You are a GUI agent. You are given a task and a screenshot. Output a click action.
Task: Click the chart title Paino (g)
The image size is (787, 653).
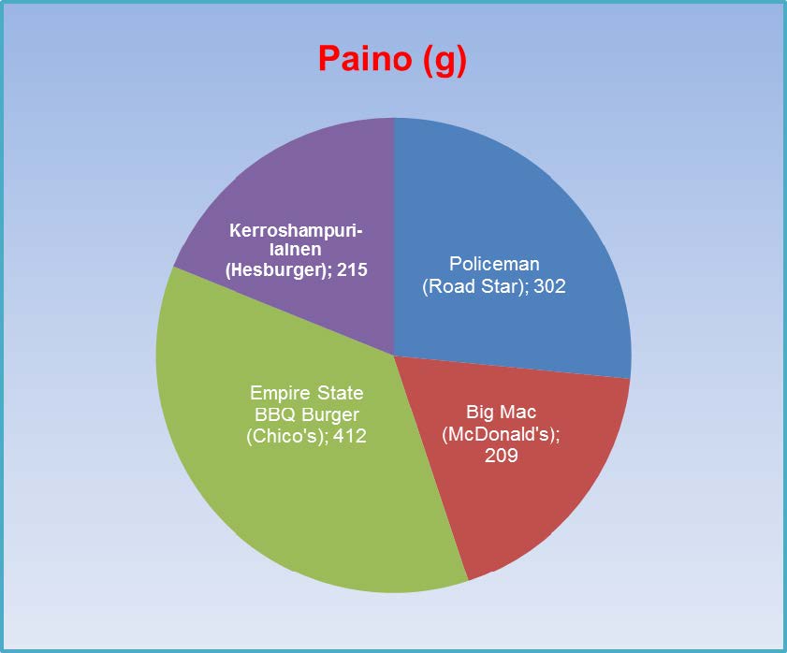click(x=392, y=59)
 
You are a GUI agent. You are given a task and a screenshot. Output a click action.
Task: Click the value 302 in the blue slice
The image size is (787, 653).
click(x=549, y=286)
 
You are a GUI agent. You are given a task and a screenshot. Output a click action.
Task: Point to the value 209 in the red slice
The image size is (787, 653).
click(x=501, y=456)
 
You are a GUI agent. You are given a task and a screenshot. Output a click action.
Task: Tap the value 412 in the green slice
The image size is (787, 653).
click(x=350, y=436)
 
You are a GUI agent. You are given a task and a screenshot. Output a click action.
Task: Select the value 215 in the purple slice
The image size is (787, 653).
click(x=353, y=269)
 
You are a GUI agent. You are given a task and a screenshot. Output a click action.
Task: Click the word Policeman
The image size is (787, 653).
click(x=494, y=264)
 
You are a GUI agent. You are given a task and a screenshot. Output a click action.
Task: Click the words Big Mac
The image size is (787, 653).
click(x=501, y=412)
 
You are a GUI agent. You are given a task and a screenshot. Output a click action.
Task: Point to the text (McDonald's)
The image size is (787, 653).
click(x=500, y=434)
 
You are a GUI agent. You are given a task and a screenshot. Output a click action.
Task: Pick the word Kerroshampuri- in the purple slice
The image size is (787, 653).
click(x=296, y=230)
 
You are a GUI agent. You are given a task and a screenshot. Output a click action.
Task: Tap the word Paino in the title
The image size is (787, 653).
click(x=364, y=58)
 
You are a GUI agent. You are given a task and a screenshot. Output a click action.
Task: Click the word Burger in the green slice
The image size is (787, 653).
click(x=330, y=415)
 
